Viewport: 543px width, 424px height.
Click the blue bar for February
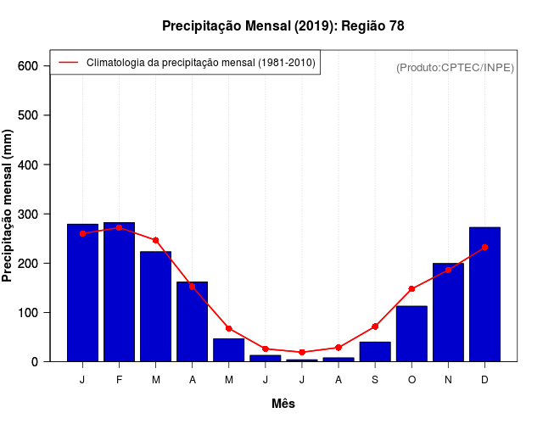[x=119, y=292]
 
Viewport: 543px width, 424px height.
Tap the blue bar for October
[x=411, y=333]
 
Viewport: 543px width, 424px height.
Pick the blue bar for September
[x=375, y=351]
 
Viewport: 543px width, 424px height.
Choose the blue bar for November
[x=448, y=312]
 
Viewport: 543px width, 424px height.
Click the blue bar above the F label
[x=119, y=292]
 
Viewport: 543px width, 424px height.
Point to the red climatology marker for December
[x=484, y=248]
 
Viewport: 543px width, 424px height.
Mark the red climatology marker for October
[x=411, y=289]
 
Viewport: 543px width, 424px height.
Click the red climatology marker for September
[x=375, y=326]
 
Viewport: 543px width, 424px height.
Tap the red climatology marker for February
[x=119, y=227]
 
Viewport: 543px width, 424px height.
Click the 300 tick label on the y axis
[x=29, y=214]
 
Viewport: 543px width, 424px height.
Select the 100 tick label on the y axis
[x=29, y=313]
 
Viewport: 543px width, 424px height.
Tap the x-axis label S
[x=375, y=380]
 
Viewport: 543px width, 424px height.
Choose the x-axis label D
[x=484, y=380]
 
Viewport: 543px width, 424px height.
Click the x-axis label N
[x=448, y=380]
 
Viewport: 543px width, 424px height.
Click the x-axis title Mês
[x=283, y=404]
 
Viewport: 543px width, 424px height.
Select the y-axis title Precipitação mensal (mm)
[x=8, y=206]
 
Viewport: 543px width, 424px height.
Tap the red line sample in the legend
[x=68, y=62]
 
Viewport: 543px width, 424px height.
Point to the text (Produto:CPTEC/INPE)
[x=455, y=67]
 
